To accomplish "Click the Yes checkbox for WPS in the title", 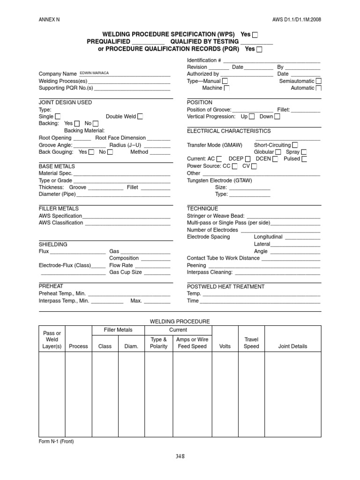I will tap(255, 35).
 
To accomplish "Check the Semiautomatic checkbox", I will tap(319, 81).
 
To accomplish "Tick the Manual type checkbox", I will tap(225, 81).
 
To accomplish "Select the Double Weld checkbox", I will tap(140, 117).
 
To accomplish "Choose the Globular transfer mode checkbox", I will tap(278, 152).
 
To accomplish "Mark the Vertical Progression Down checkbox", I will tap(277, 117).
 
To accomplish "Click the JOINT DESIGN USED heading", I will tap(65, 102).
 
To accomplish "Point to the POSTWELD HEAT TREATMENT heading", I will tap(225, 286).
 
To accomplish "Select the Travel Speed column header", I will tap(251, 343).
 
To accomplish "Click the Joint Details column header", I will tap(292, 346).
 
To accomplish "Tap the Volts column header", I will tap(225, 346).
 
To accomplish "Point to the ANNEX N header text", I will tap(49, 19).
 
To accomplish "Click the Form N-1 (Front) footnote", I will tap(56, 441).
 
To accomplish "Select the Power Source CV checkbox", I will tap(254, 166).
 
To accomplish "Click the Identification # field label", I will tap(204, 60).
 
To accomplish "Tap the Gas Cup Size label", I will tap(125, 272).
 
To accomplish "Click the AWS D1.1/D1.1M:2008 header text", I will tap(297, 19).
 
